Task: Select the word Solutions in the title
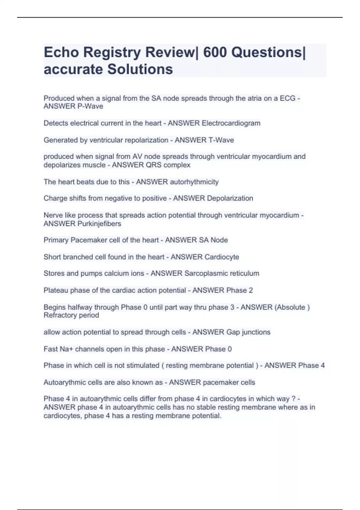click(x=140, y=69)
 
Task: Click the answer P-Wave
click(x=90, y=106)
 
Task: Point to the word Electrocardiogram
click(x=231, y=123)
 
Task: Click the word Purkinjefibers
click(x=99, y=224)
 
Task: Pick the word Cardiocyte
click(x=222, y=257)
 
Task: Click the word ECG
click(x=287, y=98)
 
